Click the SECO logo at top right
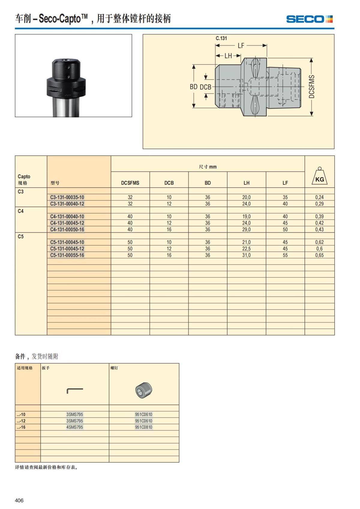tap(309, 19)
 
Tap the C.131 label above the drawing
tap(221, 38)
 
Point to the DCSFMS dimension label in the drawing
tap(312, 87)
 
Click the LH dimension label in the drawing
tap(228, 56)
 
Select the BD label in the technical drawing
tap(193, 87)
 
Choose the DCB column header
tap(169, 183)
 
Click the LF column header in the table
tap(285, 183)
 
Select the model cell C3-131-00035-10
tap(67, 197)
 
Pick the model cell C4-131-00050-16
tap(67, 229)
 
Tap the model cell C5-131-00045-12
tap(67, 249)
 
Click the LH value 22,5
tap(246, 249)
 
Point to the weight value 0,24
tap(319, 197)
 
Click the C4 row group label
tap(20, 211)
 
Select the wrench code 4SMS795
tap(75, 427)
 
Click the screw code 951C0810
tap(143, 427)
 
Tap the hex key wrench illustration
tap(75, 391)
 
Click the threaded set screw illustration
tap(144, 391)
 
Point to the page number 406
tap(19, 500)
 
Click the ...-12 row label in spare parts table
tap(21, 421)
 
